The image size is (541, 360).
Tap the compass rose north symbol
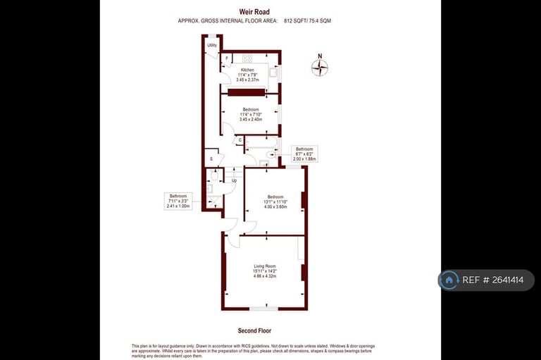click(x=320, y=68)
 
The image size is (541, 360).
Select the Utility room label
click(x=212, y=46)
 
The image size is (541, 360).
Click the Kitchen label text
click(x=248, y=70)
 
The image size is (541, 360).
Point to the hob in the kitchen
click(x=247, y=58)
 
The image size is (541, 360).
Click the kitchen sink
click(x=273, y=71)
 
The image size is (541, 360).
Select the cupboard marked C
click(x=240, y=140)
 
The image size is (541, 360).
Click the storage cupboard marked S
click(x=212, y=159)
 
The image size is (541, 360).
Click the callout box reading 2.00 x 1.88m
click(x=304, y=154)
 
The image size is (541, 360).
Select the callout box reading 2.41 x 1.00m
click(x=178, y=201)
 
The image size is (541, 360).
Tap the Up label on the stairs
click(x=234, y=180)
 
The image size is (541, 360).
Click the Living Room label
click(x=265, y=266)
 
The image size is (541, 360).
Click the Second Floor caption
click(x=255, y=330)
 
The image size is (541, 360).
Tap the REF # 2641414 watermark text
click(x=492, y=280)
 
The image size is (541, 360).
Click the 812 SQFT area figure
click(x=294, y=21)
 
